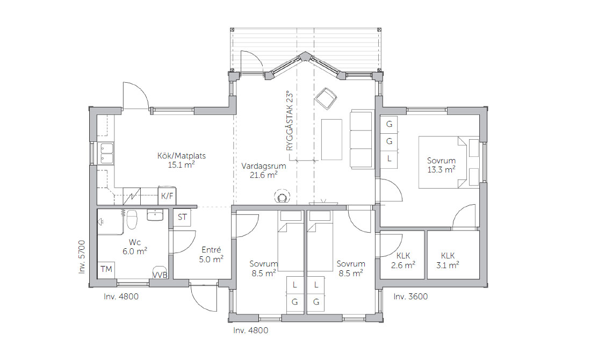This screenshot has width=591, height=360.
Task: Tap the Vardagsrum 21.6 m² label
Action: coord(263,170)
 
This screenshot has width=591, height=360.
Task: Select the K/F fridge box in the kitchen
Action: coord(167,196)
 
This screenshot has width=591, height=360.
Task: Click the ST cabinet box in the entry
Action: coord(182,217)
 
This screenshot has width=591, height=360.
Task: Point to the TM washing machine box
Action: coord(106,269)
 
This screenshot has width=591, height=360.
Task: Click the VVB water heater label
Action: coord(160,275)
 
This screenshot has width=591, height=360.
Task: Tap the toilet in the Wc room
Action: coord(132,220)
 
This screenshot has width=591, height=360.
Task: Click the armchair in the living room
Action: coord(326,98)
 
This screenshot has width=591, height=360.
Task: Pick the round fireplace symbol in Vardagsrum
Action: coord(282,197)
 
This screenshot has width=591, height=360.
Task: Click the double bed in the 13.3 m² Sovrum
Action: coord(449,162)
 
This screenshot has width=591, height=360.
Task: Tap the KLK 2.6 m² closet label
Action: coord(403,261)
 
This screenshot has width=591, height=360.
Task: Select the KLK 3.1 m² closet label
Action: coord(448,261)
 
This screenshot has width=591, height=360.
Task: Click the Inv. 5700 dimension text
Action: coord(82,257)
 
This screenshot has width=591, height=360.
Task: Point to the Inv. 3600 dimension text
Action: coord(410,297)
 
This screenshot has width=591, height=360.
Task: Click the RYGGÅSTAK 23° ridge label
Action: coord(290,121)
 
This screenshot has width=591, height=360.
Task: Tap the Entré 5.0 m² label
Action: coord(211,255)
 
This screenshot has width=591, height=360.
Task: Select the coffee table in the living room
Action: coord(331,140)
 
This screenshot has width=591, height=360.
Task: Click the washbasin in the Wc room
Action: coord(155,215)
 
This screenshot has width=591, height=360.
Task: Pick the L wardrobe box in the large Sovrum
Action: coord(389,159)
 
